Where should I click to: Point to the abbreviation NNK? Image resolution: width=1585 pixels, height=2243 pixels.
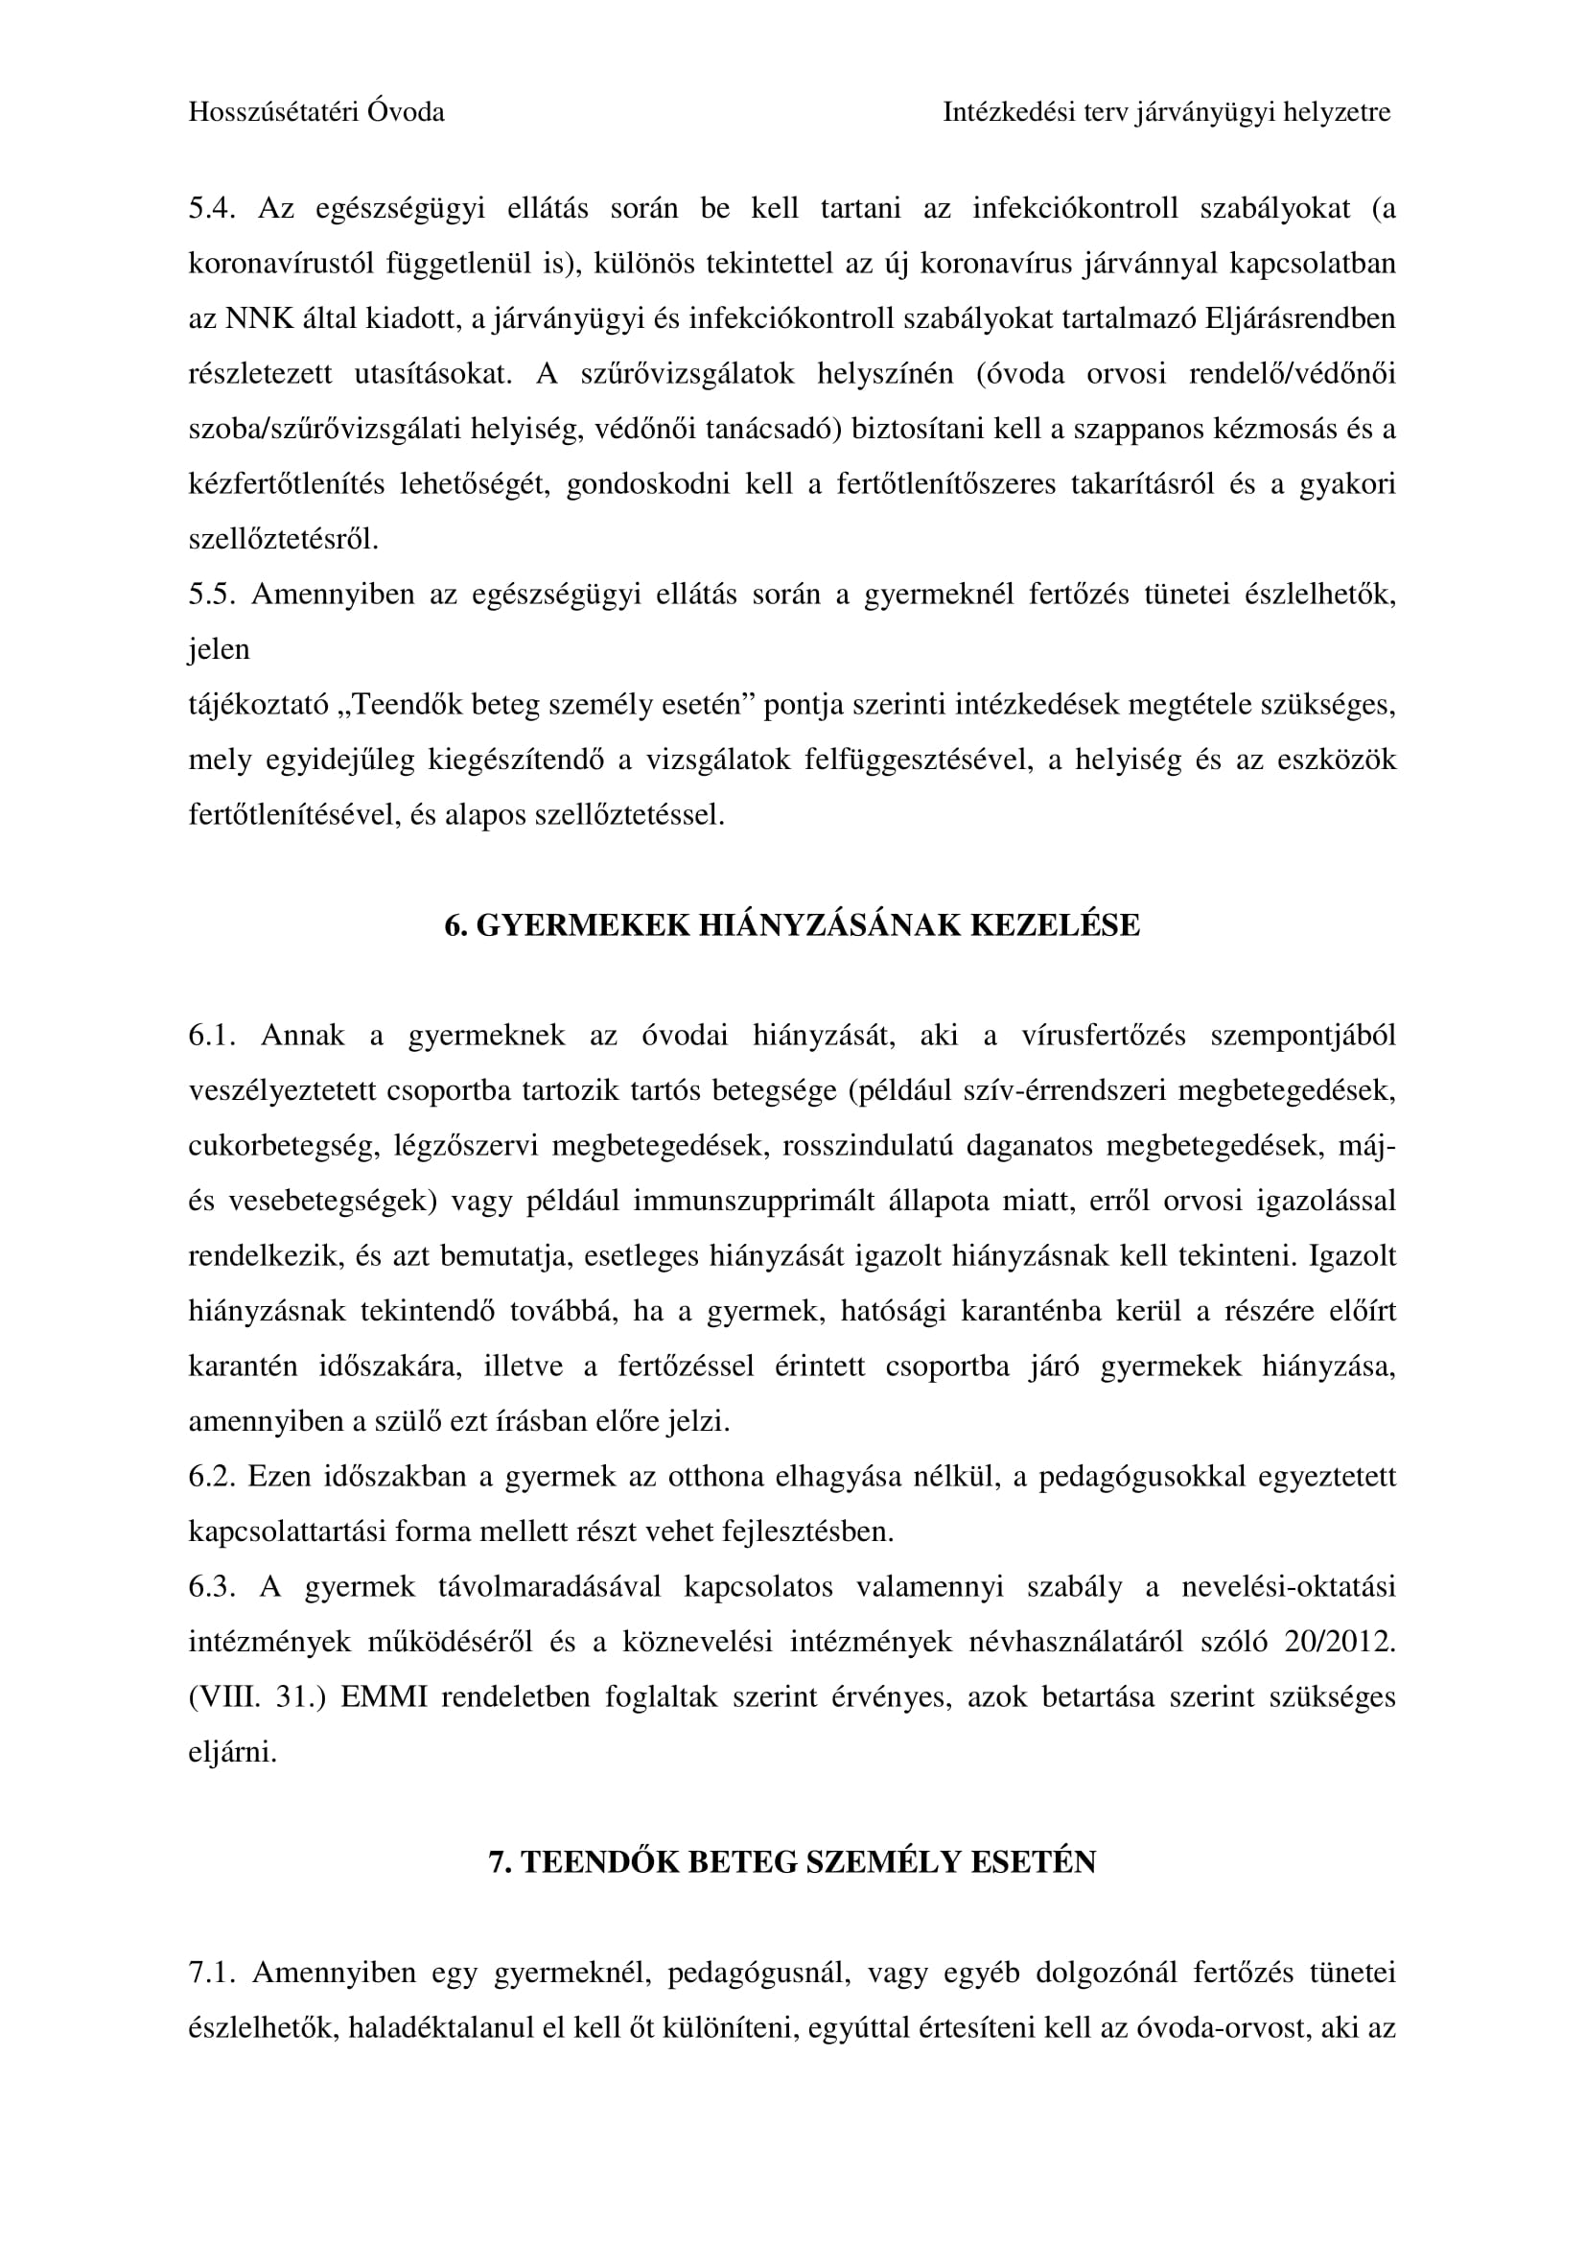pos(260,319)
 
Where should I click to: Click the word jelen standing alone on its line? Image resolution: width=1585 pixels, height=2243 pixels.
pos(219,649)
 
